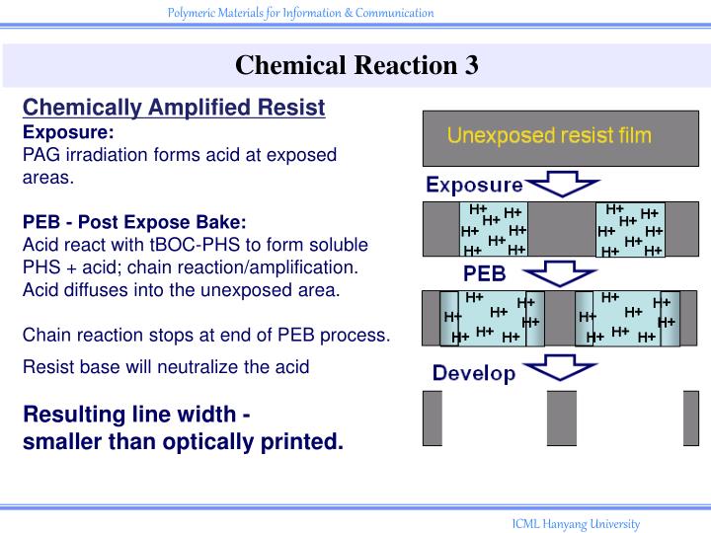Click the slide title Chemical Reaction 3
356,65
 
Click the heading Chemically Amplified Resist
174,108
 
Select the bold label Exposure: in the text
68,131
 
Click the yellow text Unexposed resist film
549,135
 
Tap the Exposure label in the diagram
474,185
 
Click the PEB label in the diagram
485,271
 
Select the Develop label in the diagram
474,373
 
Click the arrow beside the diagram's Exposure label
562,185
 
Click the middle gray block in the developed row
561,418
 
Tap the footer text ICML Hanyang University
576,524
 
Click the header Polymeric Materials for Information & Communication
300,13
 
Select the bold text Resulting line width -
136,414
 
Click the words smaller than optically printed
184,441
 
